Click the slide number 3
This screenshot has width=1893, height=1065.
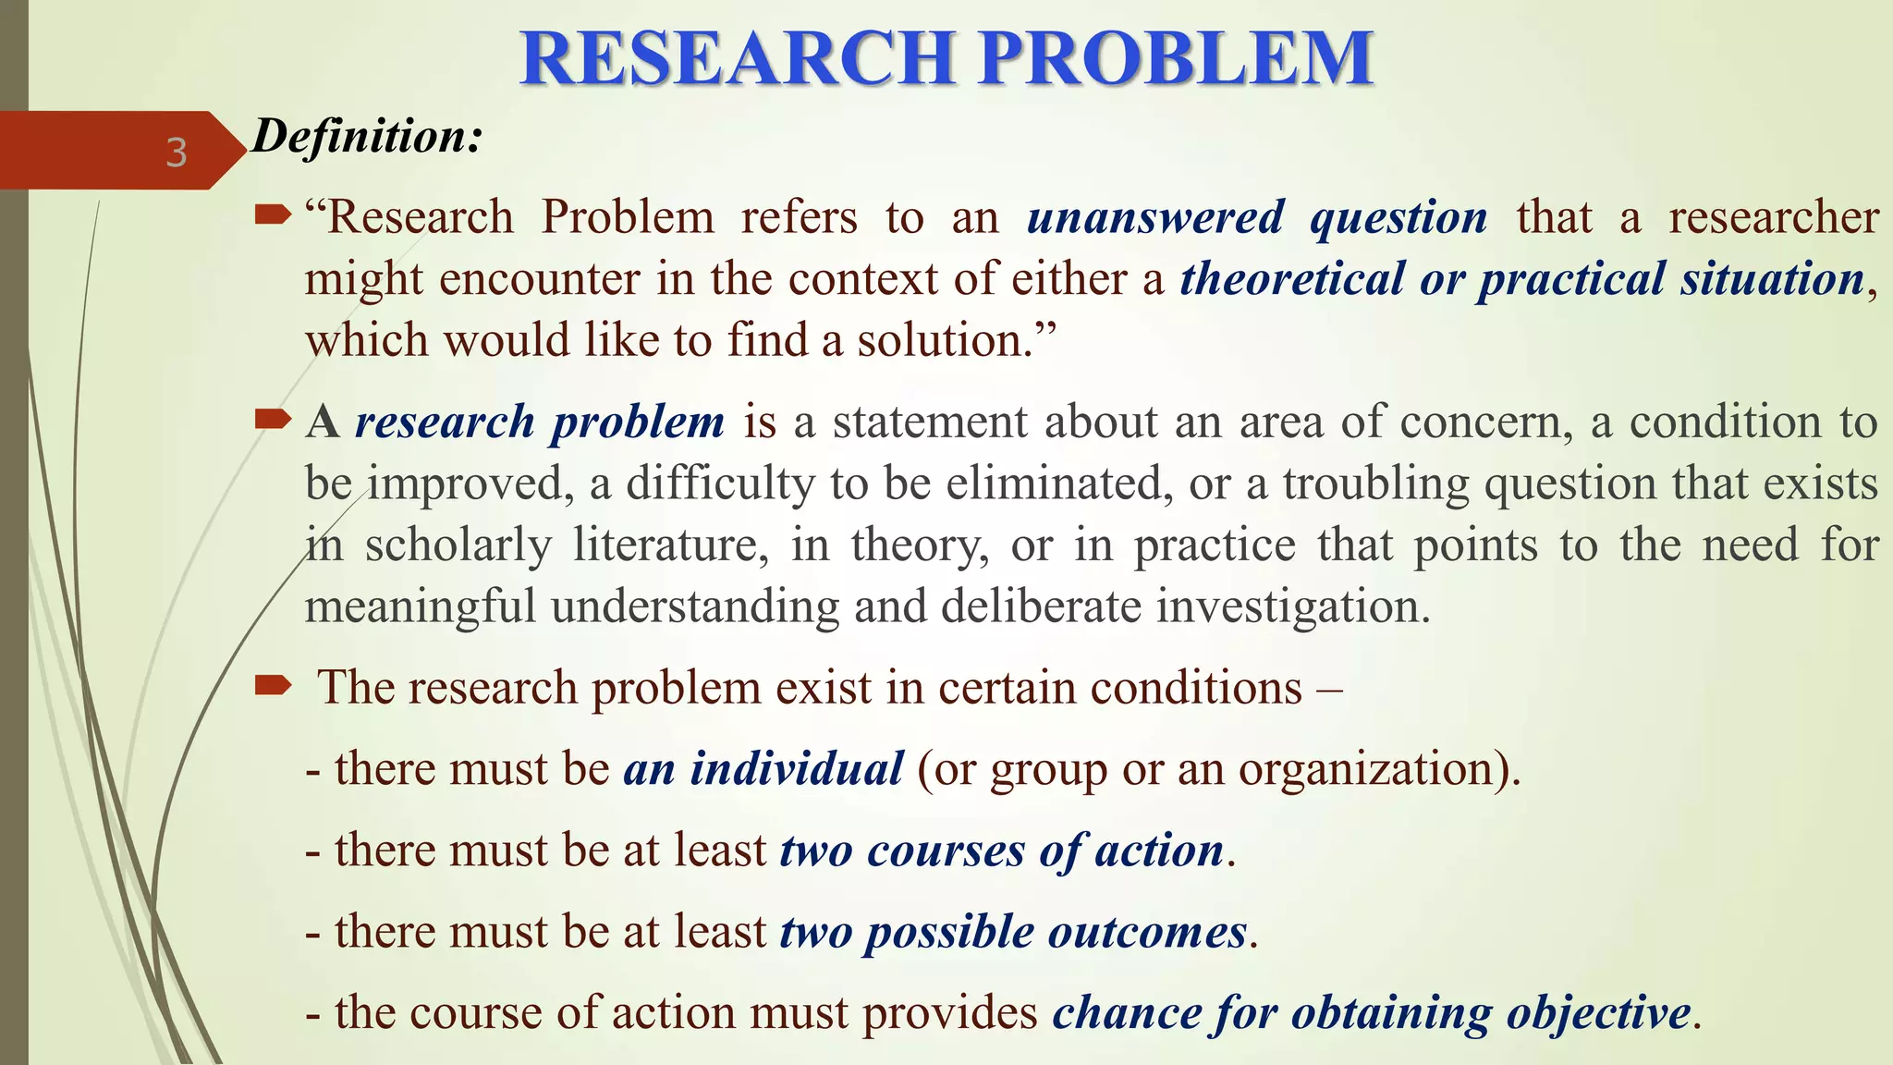[x=176, y=153]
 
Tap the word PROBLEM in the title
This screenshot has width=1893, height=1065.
[x=1176, y=58]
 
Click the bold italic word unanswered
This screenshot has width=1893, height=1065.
[x=1155, y=218]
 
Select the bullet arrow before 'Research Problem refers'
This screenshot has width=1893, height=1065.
[x=273, y=216]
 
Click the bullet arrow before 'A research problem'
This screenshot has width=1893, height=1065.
[x=273, y=421]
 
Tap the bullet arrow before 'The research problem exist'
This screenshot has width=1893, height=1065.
[x=273, y=686]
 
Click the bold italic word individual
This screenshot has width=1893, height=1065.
[x=797, y=769]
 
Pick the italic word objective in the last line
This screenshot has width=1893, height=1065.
[x=1598, y=1013]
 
